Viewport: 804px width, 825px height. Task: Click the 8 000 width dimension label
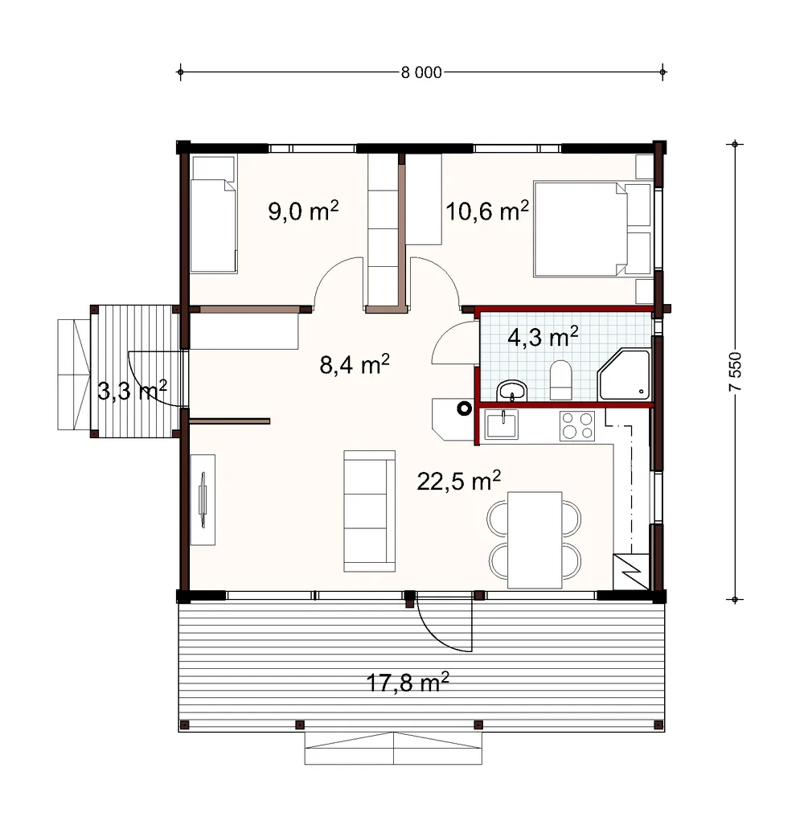(421, 72)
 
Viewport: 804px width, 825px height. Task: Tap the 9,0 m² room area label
(303, 211)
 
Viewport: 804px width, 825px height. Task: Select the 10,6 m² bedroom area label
(486, 211)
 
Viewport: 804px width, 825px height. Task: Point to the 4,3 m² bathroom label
(543, 337)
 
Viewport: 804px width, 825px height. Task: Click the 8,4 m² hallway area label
(355, 364)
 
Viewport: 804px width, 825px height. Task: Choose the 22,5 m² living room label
(459, 480)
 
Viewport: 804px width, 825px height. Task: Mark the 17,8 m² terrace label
(408, 683)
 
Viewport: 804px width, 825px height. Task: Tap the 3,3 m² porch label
(132, 391)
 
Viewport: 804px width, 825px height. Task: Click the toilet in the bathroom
(560, 380)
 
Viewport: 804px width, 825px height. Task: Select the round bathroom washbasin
(512, 391)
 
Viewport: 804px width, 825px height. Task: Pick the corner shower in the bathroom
(624, 374)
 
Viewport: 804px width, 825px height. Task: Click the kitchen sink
(502, 424)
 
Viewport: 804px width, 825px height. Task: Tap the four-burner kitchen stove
(577, 425)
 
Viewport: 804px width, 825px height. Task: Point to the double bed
(593, 229)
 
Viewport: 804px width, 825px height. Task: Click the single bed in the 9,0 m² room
(214, 214)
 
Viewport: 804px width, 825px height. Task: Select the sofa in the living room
(369, 511)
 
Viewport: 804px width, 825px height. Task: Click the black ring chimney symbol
(464, 408)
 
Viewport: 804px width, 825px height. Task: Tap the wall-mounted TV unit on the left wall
(203, 500)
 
